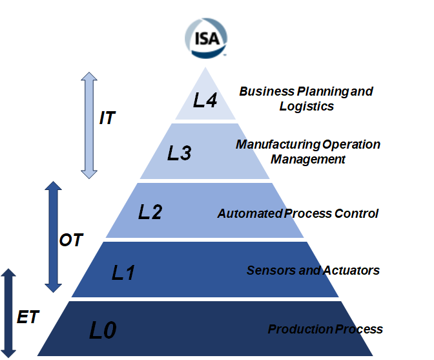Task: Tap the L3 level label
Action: pos(179,153)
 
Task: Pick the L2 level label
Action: pos(150,212)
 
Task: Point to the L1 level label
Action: pos(123,272)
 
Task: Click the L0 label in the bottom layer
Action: pos(103,330)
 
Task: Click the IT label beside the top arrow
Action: pos(107,118)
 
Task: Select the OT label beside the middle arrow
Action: pos(71,240)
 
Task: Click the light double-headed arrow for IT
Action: pos(88,125)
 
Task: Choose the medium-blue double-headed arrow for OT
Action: pos(53,237)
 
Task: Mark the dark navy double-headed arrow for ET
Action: pos(7,312)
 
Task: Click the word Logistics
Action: pos(307,106)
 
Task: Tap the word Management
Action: pos(308,159)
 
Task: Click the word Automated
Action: pos(245,213)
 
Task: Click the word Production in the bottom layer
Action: pos(296,329)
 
